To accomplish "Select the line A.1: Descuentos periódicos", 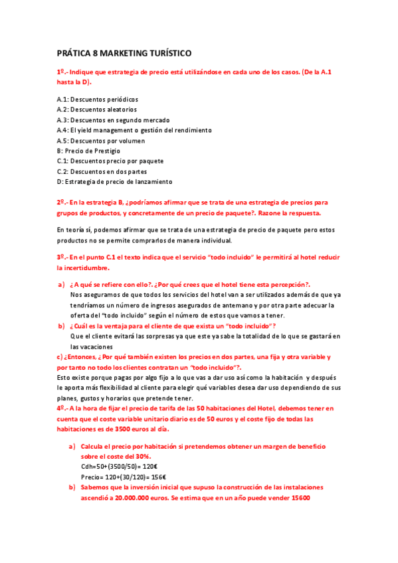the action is pos(97,100).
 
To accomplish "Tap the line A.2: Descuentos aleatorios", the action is pos(97,110).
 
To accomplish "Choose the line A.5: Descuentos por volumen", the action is pos(101,141).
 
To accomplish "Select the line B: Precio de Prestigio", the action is pos(88,151).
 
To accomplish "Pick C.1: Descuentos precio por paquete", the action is pos(110,161).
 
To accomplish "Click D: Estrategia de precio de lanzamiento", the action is pos(114,182).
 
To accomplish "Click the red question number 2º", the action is pos(60,202).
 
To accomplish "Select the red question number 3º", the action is pos(60,257).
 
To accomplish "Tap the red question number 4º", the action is pos(60,408).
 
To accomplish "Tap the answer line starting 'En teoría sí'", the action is pos(193,230).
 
